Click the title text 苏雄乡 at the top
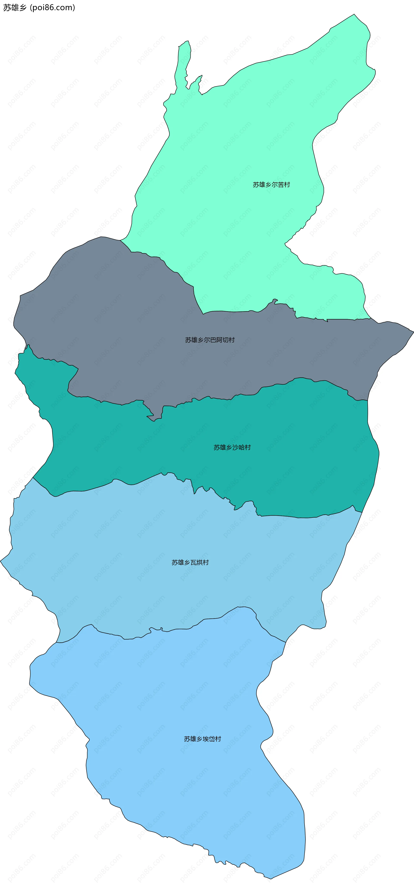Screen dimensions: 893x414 [15, 8]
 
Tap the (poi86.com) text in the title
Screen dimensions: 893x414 [52, 8]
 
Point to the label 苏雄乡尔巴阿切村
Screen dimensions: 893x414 [210, 340]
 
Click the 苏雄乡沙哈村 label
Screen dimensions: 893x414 [232, 447]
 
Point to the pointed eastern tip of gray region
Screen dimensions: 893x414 [412, 332]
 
